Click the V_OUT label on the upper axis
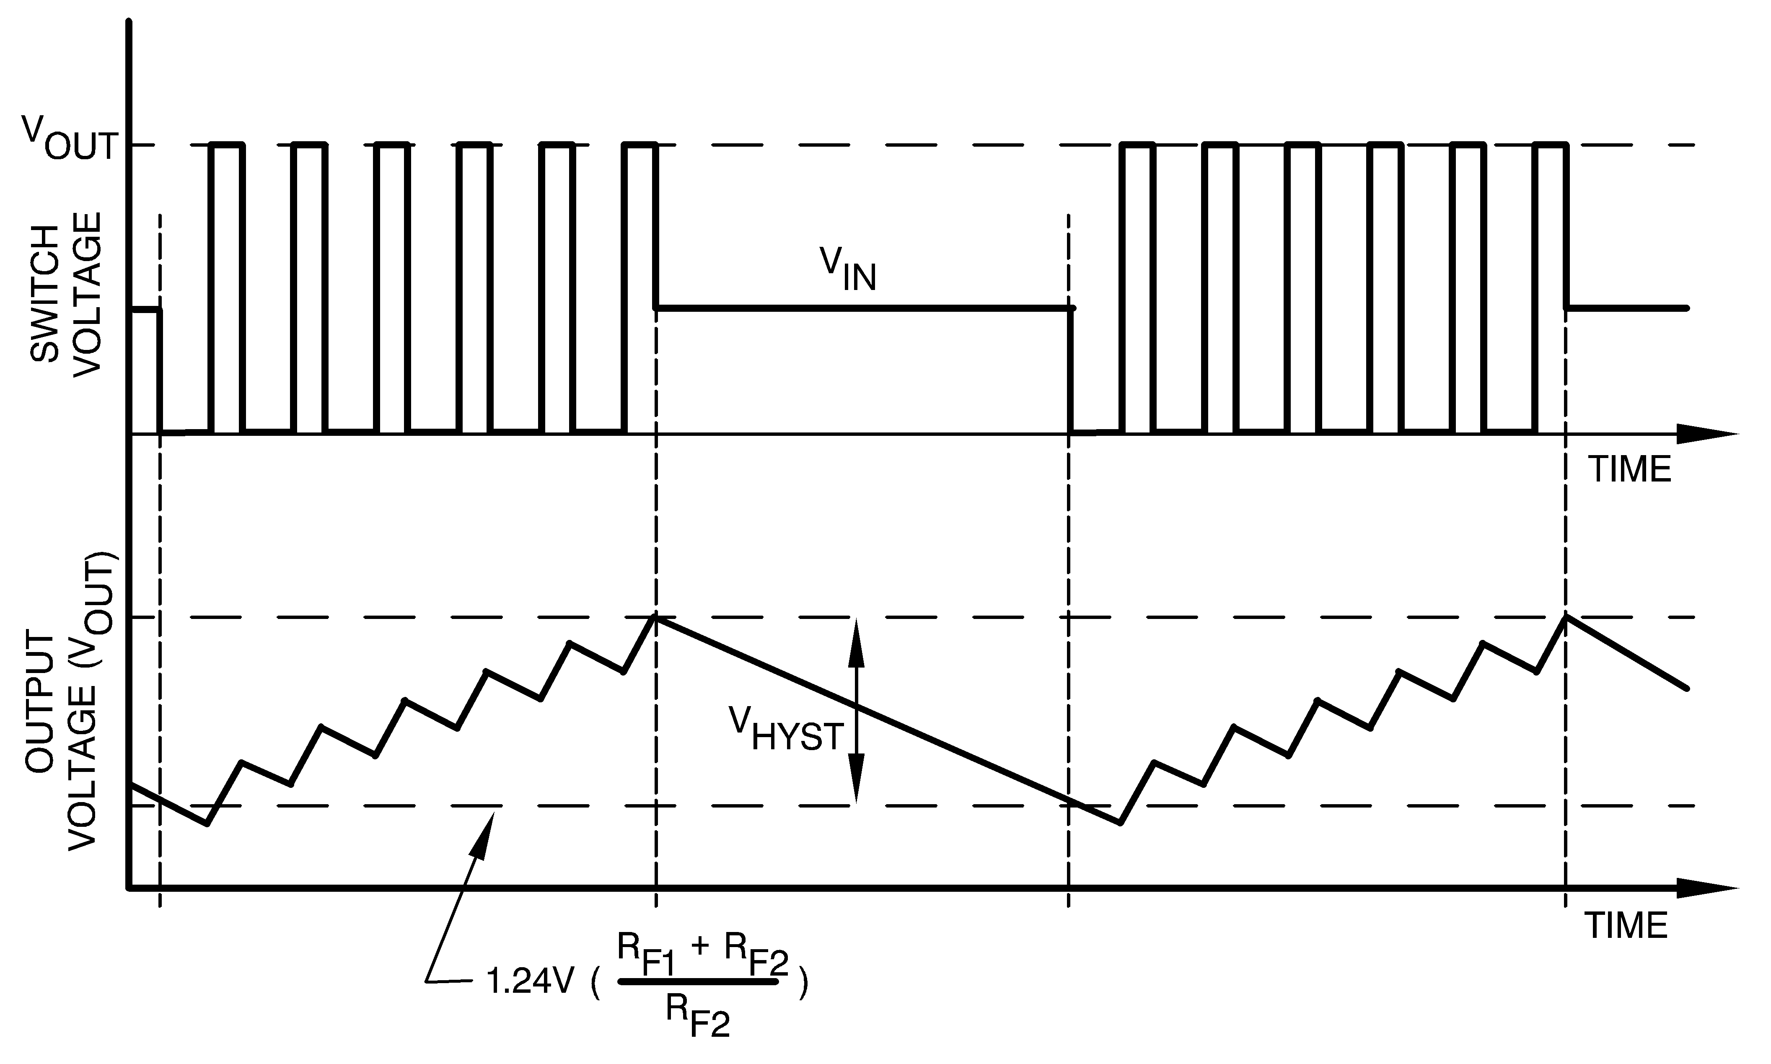click(70, 138)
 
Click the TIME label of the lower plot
click(1626, 926)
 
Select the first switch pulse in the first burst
click(227, 287)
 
